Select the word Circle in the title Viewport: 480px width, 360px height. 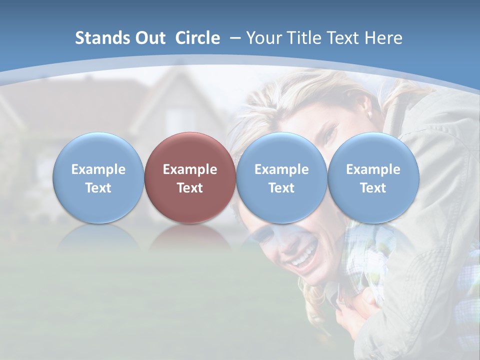[197, 38]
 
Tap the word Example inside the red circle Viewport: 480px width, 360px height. [190, 169]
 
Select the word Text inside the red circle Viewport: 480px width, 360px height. [190, 188]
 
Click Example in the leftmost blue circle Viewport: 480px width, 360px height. [98, 169]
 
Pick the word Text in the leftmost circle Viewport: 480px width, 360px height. [98, 188]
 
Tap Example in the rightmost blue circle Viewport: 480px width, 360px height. [373, 169]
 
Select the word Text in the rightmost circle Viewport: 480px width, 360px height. [373, 188]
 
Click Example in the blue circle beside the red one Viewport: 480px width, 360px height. [281, 169]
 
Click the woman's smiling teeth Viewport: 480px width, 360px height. [304, 256]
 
